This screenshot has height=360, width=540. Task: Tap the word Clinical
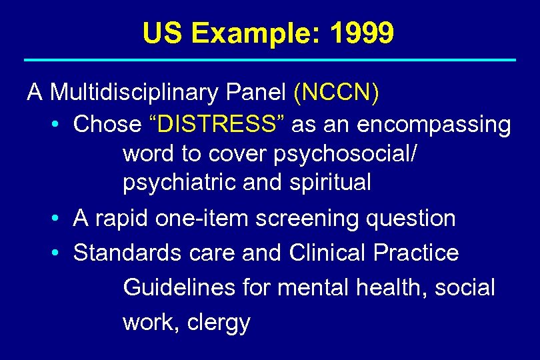(328, 253)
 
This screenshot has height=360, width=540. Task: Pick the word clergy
(219, 323)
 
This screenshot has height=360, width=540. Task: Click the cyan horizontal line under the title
(270, 61)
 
